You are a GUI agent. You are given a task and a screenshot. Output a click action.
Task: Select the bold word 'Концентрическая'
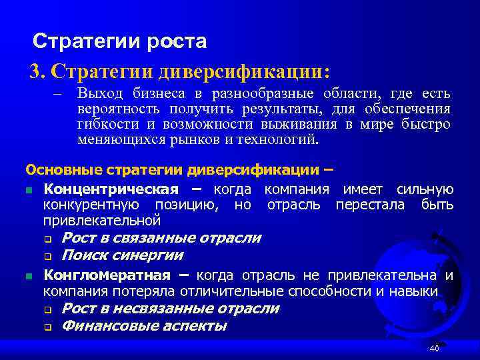click(x=111, y=189)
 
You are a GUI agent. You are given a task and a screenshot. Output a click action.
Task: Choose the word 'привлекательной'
click(x=101, y=219)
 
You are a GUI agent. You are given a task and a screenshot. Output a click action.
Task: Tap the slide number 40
click(x=434, y=349)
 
